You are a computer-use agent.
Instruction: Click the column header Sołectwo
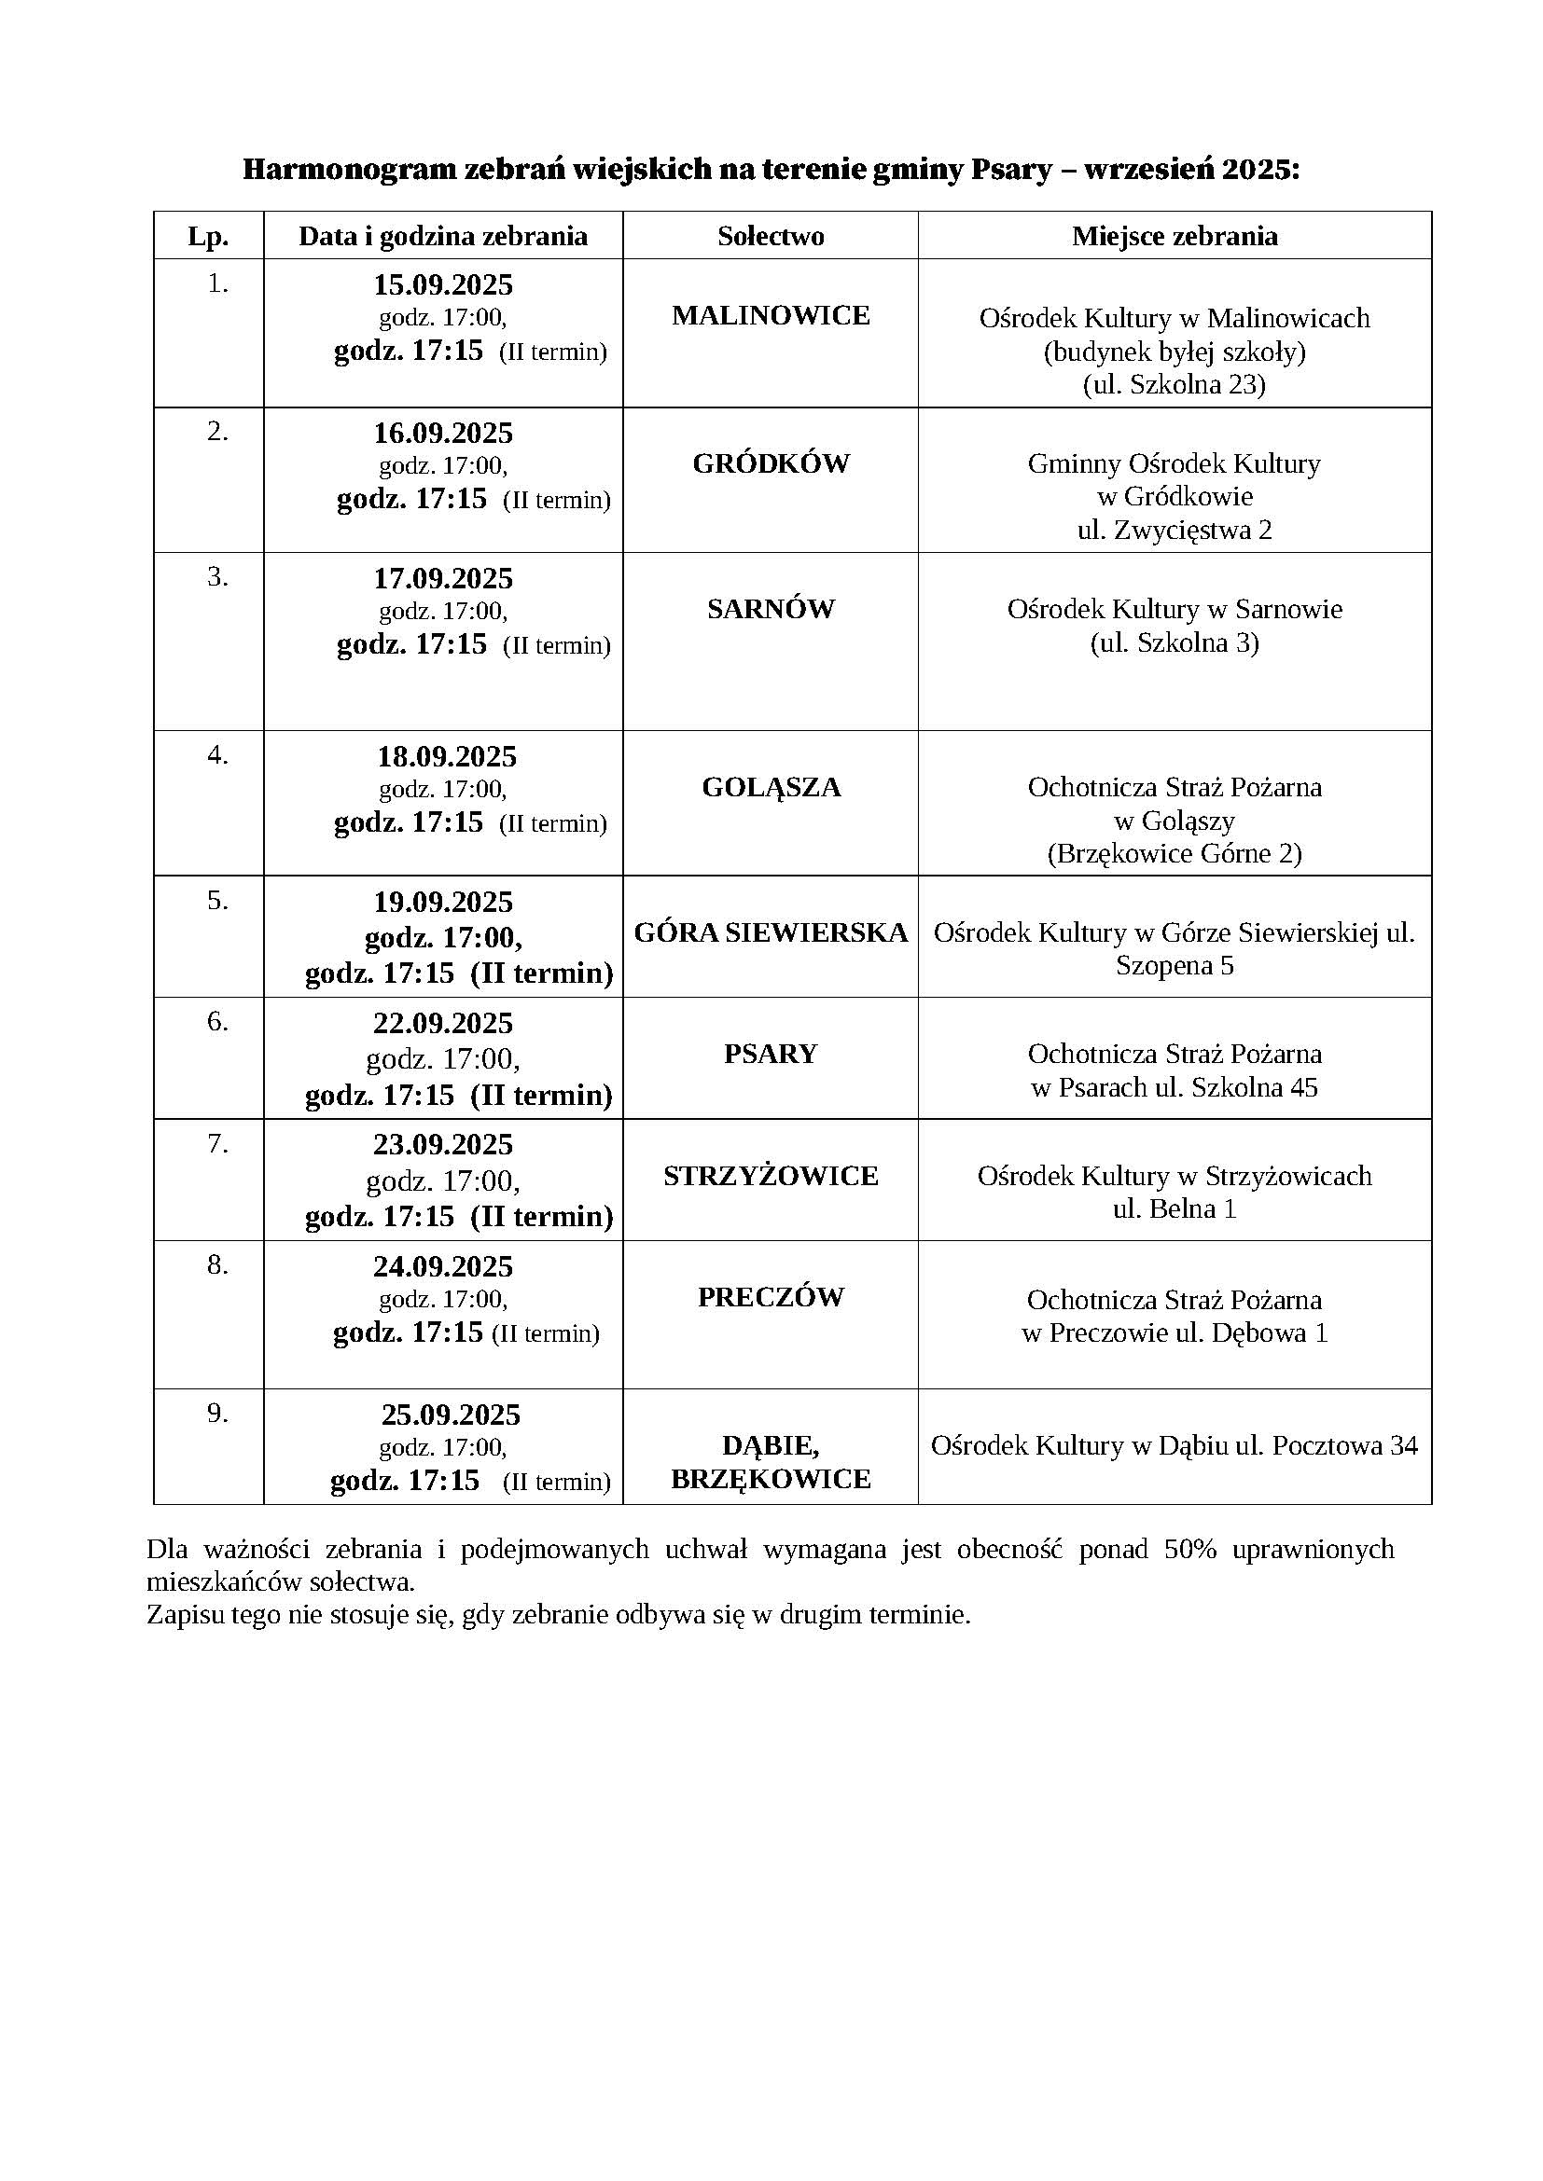(771, 236)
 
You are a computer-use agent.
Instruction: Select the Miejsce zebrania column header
(1175, 236)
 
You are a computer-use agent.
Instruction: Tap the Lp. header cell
(208, 237)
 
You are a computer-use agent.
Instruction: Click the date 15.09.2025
(443, 284)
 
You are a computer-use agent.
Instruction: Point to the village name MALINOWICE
(771, 315)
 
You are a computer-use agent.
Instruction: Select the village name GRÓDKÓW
(771, 463)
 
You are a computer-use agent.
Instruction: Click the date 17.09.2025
(443, 578)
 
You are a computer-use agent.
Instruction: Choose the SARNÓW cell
(771, 609)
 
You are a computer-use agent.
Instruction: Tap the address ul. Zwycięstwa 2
(1175, 530)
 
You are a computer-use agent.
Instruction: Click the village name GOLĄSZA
(771, 788)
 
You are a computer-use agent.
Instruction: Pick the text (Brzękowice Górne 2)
(1175, 853)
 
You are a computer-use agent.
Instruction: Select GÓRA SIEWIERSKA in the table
(771, 932)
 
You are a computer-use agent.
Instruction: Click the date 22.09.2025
(443, 1023)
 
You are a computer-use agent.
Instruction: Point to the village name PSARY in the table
(771, 1054)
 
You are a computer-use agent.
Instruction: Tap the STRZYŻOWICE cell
(771, 1176)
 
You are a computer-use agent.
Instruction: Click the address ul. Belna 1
(1175, 1208)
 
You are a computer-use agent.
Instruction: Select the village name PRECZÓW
(771, 1298)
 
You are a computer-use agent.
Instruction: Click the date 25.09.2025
(452, 1415)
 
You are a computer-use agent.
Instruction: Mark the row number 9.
(217, 1414)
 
